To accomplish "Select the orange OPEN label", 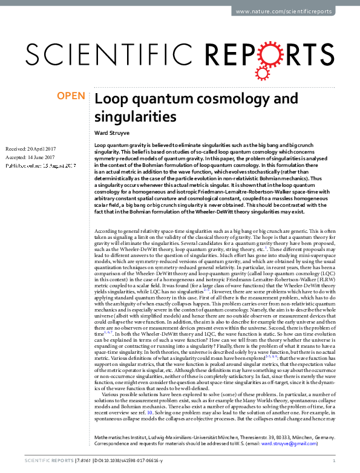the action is click(70, 96).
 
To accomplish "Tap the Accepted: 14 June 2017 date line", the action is click(29, 157).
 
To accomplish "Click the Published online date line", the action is click(40, 165).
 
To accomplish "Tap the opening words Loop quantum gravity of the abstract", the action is click(120, 147).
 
